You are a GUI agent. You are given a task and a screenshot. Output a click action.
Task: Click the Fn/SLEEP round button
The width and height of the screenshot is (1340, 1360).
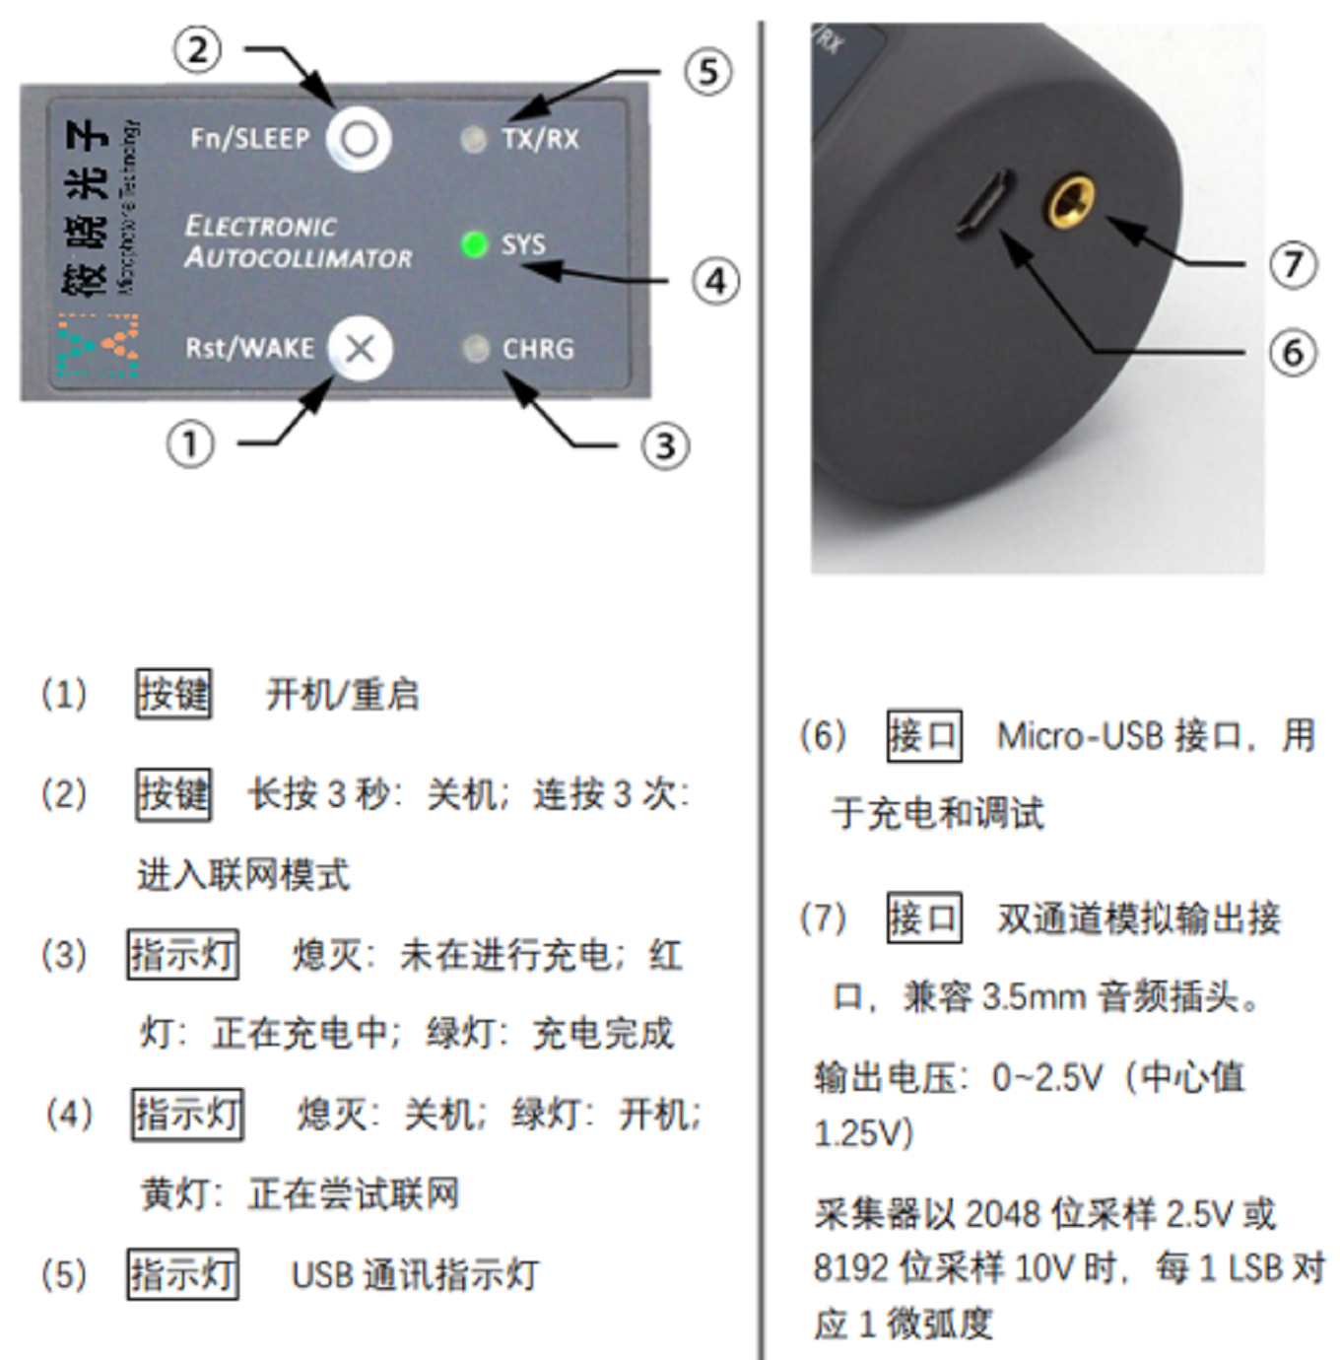coord(359,139)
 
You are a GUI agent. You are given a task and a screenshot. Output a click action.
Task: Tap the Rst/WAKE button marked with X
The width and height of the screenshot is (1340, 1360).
coord(360,349)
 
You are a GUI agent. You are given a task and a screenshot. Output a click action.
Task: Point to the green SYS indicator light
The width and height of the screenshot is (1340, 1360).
coord(474,243)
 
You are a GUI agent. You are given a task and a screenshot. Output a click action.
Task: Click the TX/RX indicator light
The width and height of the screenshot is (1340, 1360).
coord(474,140)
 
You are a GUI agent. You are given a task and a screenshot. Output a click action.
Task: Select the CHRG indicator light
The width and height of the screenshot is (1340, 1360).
coord(476,349)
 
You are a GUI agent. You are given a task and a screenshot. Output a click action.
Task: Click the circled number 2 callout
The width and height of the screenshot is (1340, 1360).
coord(197,49)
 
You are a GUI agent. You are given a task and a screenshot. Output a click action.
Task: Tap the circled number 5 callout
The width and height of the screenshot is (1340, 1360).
coord(708,72)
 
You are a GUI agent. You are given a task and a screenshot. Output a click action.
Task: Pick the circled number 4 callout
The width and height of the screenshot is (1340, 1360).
coord(715,282)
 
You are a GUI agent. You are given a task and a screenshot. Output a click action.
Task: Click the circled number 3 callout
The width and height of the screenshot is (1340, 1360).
coord(666,446)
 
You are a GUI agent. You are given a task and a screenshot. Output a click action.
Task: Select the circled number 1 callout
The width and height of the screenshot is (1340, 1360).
coord(190,444)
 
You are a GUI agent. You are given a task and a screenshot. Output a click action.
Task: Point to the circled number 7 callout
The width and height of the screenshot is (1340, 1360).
coord(1293,264)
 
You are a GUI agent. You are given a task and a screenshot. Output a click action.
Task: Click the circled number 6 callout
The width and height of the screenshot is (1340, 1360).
coord(1293,352)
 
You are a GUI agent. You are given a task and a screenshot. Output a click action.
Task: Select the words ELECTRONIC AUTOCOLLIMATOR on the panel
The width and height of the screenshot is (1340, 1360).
coord(298,242)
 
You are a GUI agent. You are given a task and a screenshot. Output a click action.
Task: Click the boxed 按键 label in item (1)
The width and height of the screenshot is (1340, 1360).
coord(173,694)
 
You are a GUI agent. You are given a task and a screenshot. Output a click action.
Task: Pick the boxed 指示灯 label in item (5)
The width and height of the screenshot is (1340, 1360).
coord(183,1274)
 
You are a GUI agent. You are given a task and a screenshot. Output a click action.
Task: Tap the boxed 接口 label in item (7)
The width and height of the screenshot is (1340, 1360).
coord(924,918)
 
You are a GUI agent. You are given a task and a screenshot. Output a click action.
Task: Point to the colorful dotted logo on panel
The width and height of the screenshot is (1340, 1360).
coord(98,346)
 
